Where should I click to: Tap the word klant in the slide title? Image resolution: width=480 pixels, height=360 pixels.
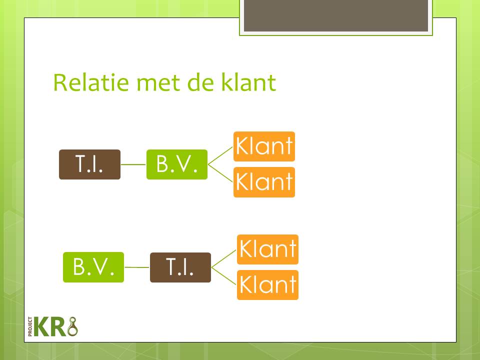[x=248, y=82]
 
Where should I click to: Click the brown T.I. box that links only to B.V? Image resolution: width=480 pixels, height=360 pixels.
[x=89, y=164]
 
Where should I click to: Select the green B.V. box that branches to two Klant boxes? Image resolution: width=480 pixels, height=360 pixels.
[x=177, y=164]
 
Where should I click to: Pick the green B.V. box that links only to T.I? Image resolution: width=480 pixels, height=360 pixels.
[x=93, y=267]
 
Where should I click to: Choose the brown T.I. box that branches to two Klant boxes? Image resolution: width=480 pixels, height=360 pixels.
[x=180, y=267]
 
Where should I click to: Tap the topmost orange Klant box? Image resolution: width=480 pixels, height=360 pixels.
[x=264, y=146]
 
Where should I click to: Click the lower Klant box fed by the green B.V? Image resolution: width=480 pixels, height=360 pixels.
[x=264, y=182]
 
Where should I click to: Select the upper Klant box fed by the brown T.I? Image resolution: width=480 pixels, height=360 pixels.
[x=267, y=249]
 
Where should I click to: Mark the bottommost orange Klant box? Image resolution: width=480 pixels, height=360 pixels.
[x=267, y=285]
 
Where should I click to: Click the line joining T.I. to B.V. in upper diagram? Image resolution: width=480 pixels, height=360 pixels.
[x=133, y=164]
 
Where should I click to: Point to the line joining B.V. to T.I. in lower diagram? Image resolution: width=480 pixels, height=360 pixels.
[x=137, y=267]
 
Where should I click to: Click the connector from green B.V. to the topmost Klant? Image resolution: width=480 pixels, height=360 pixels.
[x=220, y=156]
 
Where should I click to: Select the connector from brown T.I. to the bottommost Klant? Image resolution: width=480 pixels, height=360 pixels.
[x=224, y=276]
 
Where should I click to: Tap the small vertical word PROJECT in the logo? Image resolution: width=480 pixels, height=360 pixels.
[x=30, y=326]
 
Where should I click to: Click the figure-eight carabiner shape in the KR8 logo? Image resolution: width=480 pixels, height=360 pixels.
[x=72, y=326]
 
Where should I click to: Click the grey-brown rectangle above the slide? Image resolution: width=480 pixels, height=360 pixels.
[x=336, y=15]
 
